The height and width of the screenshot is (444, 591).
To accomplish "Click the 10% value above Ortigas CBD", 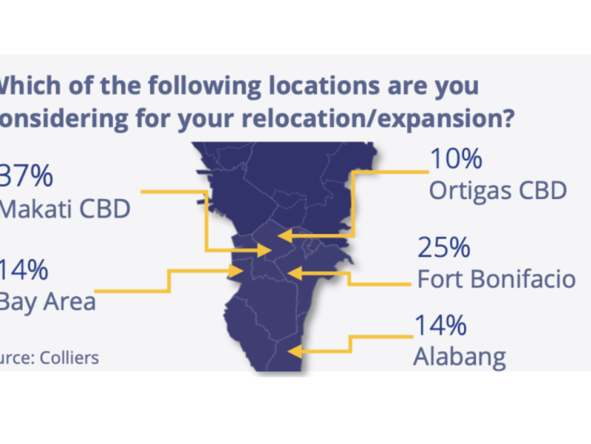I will click(455, 158).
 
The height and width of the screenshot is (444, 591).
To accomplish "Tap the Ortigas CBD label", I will click(497, 190).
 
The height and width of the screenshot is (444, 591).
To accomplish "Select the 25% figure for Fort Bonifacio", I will click(444, 248).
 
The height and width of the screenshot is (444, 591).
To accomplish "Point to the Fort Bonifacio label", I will click(496, 280).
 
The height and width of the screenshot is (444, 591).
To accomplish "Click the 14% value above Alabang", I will click(440, 326).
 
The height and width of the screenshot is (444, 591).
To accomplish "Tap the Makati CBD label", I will click(65, 209).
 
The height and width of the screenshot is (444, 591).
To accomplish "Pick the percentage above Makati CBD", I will click(27, 176).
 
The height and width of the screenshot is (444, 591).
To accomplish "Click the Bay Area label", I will click(47, 302).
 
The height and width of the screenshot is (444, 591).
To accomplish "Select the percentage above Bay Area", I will click(26, 269).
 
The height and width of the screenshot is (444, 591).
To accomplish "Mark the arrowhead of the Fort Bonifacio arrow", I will click(292, 273).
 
